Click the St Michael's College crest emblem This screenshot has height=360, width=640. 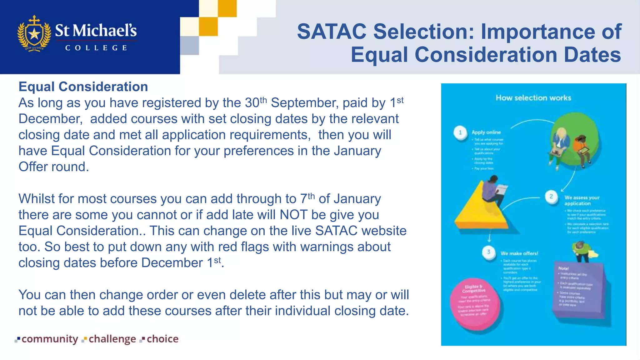(x=34, y=33)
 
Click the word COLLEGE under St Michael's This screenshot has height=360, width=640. (x=96, y=48)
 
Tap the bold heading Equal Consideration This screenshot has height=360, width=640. (x=83, y=87)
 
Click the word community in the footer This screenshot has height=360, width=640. (x=50, y=339)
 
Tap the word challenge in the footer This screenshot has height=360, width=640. (x=112, y=339)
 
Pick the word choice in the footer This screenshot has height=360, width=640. (x=162, y=339)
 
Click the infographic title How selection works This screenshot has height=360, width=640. (x=533, y=98)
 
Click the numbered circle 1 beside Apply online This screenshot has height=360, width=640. (x=460, y=132)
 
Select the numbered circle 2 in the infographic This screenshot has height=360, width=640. (x=551, y=197)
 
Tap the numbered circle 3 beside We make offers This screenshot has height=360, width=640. (x=489, y=252)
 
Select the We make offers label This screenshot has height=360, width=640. (x=519, y=253)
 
